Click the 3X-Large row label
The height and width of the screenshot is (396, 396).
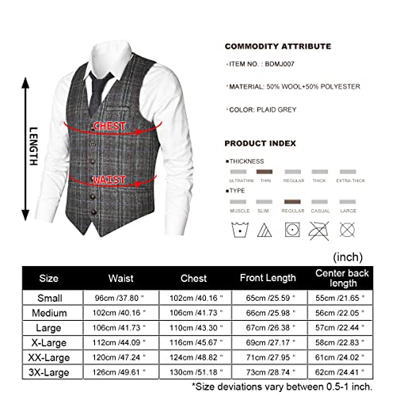tap(50, 371)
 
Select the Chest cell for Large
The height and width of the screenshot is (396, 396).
tap(192, 328)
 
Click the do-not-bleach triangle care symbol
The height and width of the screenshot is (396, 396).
tap(265, 232)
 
